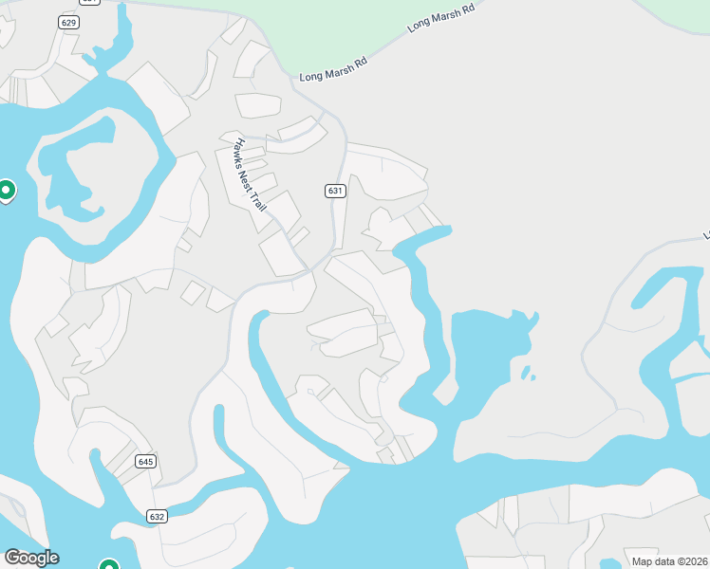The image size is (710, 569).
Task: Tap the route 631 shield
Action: pos(334,191)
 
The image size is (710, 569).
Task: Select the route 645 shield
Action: pos(144,462)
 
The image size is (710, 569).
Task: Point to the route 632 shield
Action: pos(157,517)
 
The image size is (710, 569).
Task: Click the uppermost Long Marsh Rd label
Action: pos(440,18)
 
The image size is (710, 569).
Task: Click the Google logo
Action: pos(30,558)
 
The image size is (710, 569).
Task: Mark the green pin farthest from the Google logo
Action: pos(6,191)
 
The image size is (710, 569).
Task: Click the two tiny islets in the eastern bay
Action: pos(527,372)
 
